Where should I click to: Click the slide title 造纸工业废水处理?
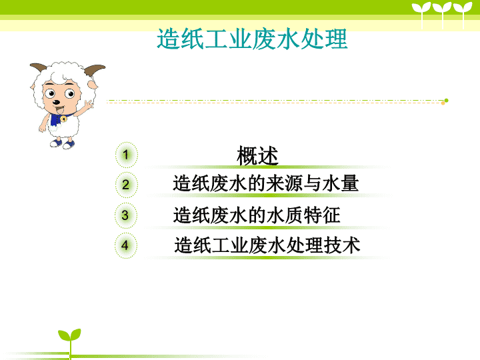(252, 39)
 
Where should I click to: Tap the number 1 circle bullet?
(127, 155)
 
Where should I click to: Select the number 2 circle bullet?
(127, 185)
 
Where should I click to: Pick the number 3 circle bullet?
(126, 215)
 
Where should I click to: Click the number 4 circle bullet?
(126, 245)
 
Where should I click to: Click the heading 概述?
(257, 155)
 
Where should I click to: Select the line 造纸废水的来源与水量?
(266, 183)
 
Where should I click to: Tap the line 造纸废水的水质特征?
(257, 215)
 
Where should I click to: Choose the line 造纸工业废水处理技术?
(267, 245)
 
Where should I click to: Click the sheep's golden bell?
(64, 119)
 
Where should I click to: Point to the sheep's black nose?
(57, 102)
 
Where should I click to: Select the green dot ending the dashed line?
(446, 101)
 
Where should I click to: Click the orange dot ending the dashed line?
(443, 103)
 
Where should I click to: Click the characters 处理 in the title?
(325, 39)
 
